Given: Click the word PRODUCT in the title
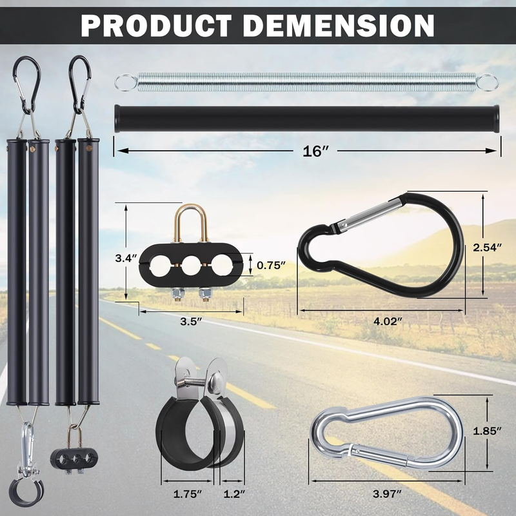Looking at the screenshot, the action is (156, 26).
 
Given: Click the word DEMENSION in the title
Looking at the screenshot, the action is (339, 26).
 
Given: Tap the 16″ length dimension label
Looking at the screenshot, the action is (315, 151).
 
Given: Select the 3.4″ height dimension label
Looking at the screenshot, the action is (126, 259).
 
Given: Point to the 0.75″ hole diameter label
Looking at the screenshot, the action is (271, 265).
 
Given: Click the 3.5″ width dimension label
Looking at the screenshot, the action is (191, 321).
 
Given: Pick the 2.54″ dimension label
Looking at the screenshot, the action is (488, 247).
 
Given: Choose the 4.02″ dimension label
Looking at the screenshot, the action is (388, 321).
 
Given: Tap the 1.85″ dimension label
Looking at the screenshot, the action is (487, 430).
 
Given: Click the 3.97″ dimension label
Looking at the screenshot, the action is (387, 493).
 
